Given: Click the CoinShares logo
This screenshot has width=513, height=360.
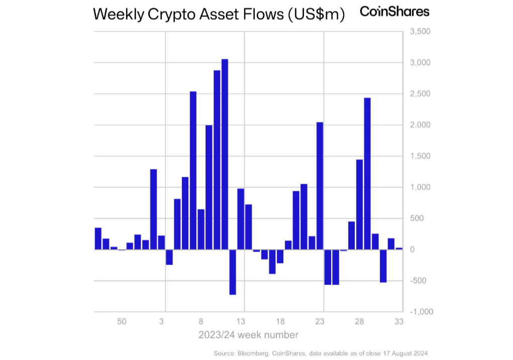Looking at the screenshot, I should pos(394,12).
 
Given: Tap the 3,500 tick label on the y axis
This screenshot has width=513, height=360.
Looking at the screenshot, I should pos(421,32).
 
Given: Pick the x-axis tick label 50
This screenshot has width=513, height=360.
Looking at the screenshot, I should pos(122,321).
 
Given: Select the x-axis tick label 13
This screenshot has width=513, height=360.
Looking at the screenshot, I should pos(241,321).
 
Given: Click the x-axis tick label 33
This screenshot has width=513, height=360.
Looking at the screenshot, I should pos(399,321).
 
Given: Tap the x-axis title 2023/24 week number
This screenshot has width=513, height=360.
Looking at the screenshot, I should pos(248,334).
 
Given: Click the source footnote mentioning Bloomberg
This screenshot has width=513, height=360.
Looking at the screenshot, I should pos(321,353).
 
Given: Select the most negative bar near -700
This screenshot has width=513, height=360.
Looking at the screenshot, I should pos(233,272).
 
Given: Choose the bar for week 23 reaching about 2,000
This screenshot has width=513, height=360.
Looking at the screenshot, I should pos(320,186).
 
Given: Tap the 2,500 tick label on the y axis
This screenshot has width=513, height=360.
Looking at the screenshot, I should pos(421,94).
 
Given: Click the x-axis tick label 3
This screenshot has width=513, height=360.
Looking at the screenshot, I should pos(162,321).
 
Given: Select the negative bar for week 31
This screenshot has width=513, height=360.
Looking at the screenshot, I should pos(383,266).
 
